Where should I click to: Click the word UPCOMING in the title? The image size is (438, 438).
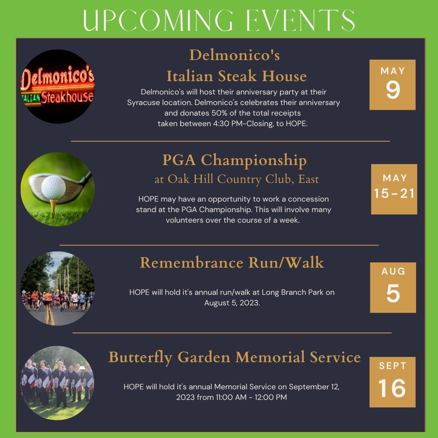coord(158,20)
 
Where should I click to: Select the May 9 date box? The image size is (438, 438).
coord(393,85)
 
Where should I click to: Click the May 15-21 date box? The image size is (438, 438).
coord(394,189)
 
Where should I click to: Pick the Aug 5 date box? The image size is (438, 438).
coord(393,288)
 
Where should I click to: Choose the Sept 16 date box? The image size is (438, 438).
coord(393,382)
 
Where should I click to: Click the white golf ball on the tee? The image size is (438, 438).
coord(54,187)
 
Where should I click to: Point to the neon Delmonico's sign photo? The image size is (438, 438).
coord(58,86)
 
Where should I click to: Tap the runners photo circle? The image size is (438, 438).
coord(58,289)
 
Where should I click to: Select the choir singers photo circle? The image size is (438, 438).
coord(58,383)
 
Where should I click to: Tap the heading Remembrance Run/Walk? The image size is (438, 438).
coord(232,262)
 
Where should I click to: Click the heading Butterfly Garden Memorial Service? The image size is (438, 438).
coord(234,358)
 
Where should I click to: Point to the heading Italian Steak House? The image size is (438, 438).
coord(236,76)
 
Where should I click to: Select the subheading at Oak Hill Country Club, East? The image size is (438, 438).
coord(236,179)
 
